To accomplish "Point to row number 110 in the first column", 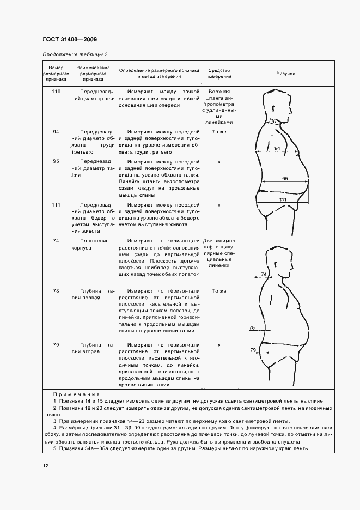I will pos(56,92).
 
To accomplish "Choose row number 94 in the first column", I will pos(56,132).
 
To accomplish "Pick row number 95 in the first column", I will pos(56,161).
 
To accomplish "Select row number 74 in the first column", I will pos(56,240).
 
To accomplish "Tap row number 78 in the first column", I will pos(56,291).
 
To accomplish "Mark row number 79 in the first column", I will pos(56,345).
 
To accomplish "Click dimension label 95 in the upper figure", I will pos(285,179).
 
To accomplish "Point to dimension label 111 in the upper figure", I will pos(283,200).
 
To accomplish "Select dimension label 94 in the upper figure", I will pos(277,148).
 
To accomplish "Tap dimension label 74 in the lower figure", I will pos(264,274).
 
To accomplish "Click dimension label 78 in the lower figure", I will pos(252,327).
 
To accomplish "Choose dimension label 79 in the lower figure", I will pos(253,350).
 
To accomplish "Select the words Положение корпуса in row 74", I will pos(94,244).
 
